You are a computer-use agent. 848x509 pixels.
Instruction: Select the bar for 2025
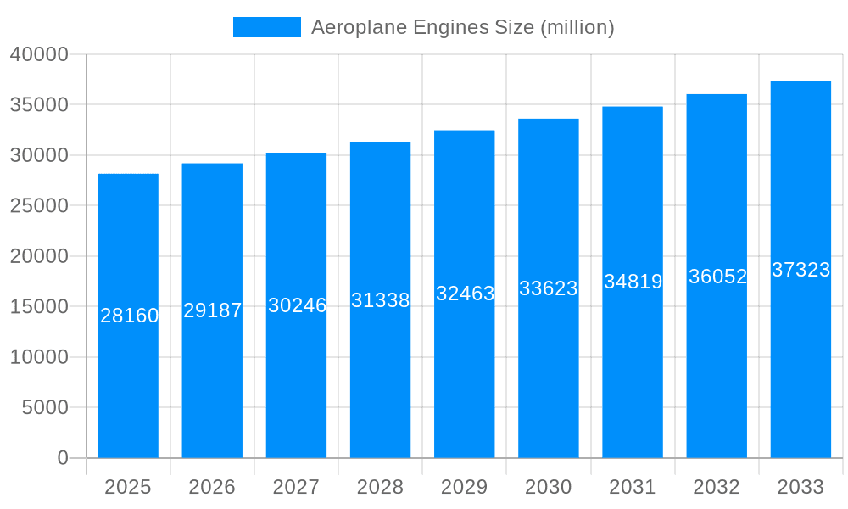[x=128, y=382]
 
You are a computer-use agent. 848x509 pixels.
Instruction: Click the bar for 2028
[x=380, y=382]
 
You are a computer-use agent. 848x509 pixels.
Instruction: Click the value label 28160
[x=129, y=316]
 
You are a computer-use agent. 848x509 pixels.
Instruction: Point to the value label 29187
[x=212, y=310]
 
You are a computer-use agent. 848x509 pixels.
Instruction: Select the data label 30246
[x=297, y=305]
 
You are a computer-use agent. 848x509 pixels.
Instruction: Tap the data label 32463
[x=465, y=294]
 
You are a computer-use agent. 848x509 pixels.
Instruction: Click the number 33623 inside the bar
[x=548, y=288]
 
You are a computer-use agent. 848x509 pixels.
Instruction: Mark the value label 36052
[x=717, y=277]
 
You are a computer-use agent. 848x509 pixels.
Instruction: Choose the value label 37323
[x=801, y=270]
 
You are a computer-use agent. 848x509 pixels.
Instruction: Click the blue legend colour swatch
[x=266, y=27]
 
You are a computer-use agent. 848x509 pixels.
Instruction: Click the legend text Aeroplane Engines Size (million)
[x=462, y=27]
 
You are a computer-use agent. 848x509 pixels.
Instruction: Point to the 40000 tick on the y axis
[x=39, y=54]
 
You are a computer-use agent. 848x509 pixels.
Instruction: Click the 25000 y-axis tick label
[x=39, y=205]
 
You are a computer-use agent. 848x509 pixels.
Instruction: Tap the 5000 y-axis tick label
[x=44, y=407]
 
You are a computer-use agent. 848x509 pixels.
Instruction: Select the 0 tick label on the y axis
[x=63, y=458]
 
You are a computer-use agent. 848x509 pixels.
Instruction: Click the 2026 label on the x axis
[x=212, y=487]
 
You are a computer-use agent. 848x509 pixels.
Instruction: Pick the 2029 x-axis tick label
[x=465, y=487]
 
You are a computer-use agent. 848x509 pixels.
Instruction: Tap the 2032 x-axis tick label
[x=717, y=487]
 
